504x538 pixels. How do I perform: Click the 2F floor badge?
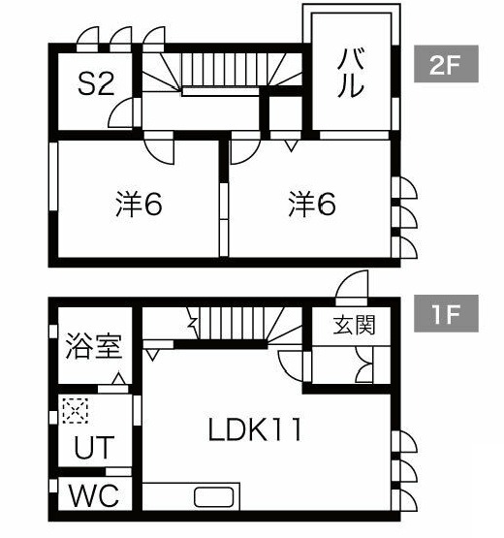click(446, 64)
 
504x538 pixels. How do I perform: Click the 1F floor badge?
click(446, 313)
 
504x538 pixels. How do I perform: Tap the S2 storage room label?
click(96, 84)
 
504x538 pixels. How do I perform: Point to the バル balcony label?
click(350, 73)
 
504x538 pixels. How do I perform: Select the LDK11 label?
click(255, 428)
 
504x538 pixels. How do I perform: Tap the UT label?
click(94, 447)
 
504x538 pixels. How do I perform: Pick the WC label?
click(94, 495)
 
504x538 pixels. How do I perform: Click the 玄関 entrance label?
click(355, 325)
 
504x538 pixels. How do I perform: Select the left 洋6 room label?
click(139, 204)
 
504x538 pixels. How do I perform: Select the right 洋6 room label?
click(312, 204)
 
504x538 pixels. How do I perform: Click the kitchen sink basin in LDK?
click(214, 497)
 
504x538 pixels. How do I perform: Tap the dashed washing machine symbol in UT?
click(76, 410)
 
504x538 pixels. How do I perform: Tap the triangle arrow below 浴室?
click(119, 378)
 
